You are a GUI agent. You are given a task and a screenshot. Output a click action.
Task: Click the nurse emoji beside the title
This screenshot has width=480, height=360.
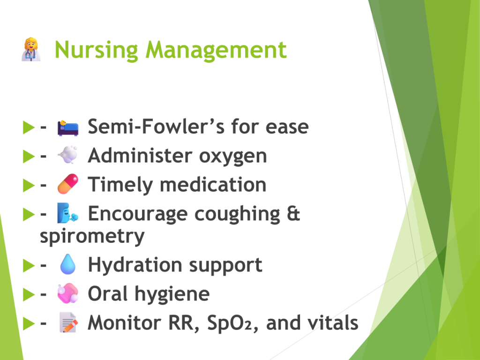click(x=31, y=50)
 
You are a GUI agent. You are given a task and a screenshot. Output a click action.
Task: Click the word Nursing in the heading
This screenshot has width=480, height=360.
click(x=97, y=51)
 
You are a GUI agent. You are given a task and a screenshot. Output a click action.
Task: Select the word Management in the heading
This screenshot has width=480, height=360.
click(x=216, y=51)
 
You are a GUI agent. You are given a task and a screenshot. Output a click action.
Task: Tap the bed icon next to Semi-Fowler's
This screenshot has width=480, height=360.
click(x=68, y=127)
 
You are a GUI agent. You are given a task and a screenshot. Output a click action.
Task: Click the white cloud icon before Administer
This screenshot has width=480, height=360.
click(x=67, y=155)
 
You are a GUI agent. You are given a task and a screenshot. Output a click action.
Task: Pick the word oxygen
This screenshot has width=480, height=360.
click(x=233, y=157)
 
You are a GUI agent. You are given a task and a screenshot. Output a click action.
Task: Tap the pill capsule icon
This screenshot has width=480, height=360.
click(x=68, y=184)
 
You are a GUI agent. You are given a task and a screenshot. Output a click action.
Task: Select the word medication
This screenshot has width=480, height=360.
click(x=213, y=185)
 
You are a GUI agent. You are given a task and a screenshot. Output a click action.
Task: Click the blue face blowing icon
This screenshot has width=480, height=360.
click(x=67, y=213)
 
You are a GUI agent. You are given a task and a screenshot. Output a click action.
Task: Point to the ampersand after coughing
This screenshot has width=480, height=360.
click(x=293, y=213)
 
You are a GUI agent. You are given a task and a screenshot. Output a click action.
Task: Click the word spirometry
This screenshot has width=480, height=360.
click(x=92, y=237)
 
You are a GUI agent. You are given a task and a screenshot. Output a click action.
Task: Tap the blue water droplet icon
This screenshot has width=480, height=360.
click(x=68, y=264)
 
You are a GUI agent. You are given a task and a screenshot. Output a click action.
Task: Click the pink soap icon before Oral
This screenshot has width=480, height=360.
click(x=68, y=293)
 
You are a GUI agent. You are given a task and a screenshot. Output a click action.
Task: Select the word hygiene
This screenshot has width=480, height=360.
click(x=172, y=295)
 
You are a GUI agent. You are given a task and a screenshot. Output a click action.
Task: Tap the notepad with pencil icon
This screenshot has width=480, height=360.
click(x=68, y=322)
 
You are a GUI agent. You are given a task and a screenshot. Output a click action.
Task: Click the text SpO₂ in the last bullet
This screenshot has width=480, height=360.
click(x=229, y=322)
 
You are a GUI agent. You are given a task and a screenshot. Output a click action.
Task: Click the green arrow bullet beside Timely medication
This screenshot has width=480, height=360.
click(x=29, y=186)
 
